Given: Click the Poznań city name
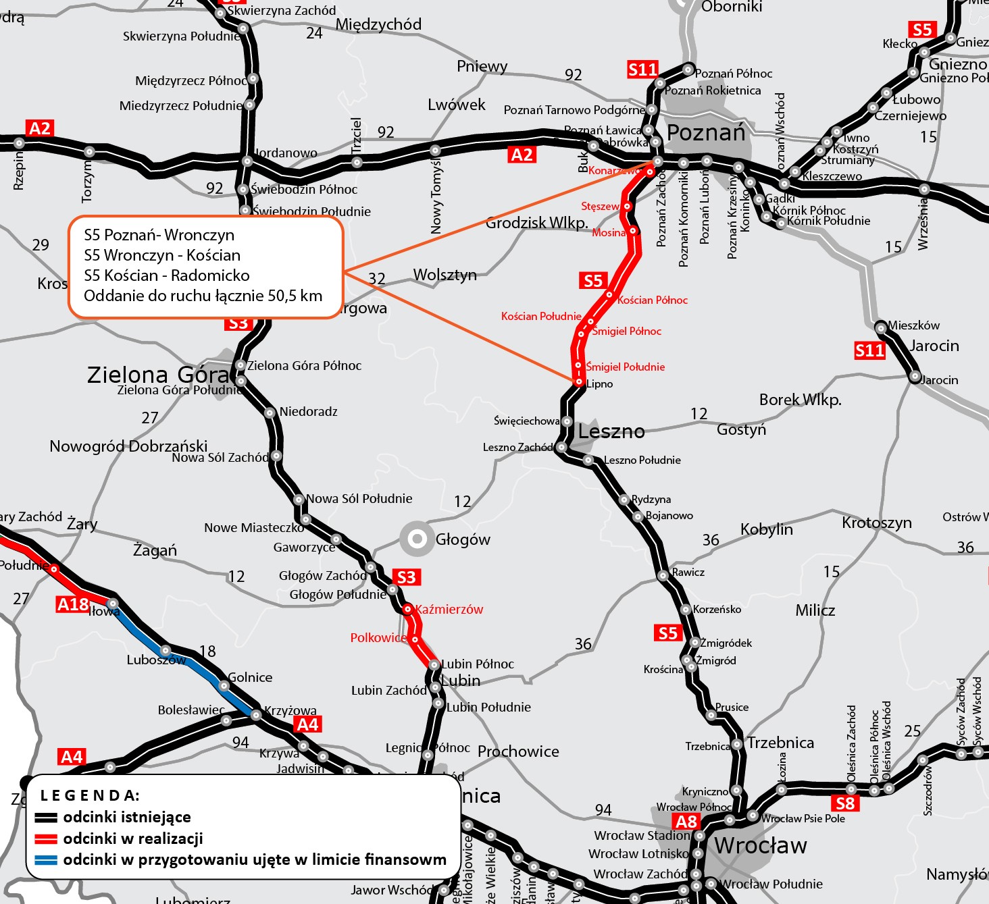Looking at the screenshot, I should (x=706, y=133).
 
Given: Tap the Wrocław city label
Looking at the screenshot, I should (x=760, y=845).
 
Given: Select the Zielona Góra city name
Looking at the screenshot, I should (x=158, y=375).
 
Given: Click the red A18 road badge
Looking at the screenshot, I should (x=73, y=604).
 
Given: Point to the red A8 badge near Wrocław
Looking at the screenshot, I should (x=686, y=822).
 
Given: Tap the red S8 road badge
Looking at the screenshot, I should (x=845, y=803).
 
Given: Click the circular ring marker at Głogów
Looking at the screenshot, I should (x=417, y=539).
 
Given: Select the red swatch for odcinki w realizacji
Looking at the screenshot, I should (x=46, y=839).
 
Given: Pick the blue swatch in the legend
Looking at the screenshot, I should (x=46, y=861).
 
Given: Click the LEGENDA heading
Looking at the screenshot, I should (x=90, y=795).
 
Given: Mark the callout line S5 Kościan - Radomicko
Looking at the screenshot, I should (x=166, y=275).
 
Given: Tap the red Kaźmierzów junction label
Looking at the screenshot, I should (x=449, y=610).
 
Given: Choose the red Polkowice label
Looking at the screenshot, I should (x=378, y=638).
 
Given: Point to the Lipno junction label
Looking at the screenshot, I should (x=600, y=384).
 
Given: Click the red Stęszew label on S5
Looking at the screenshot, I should (x=600, y=206).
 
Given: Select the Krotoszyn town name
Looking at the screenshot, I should (x=876, y=523).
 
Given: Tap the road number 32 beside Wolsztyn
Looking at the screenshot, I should (x=376, y=279).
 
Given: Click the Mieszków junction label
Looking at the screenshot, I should (x=913, y=325).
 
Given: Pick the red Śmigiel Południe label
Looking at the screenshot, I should (x=626, y=367).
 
